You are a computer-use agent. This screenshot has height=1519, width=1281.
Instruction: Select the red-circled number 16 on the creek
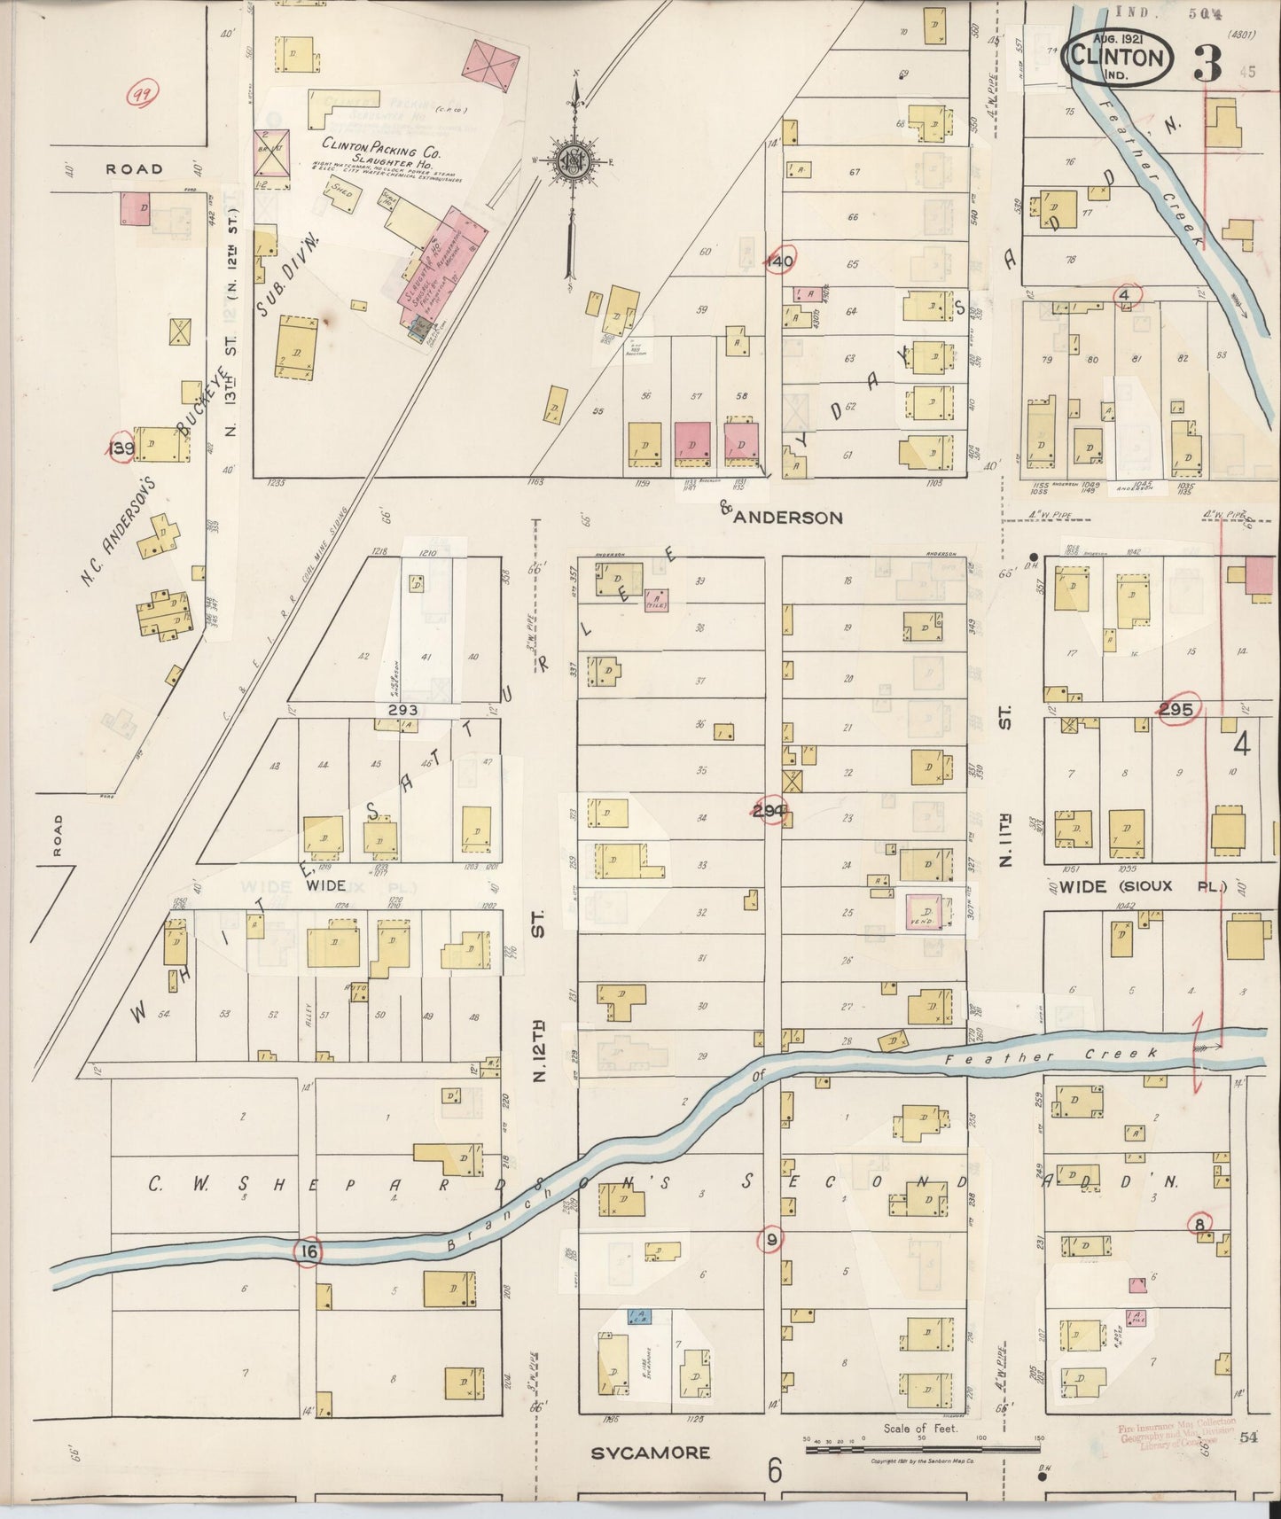308,1251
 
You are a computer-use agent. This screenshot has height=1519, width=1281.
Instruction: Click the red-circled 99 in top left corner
139,95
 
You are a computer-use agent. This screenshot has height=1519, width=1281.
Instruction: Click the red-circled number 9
771,1241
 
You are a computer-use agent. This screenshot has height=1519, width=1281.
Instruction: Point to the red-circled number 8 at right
1200,1225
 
